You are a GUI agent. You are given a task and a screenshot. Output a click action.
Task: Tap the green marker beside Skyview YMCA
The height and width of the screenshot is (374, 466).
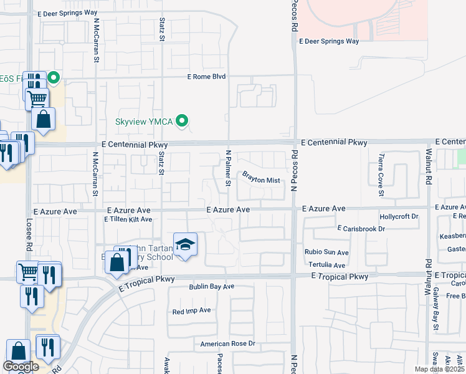tap(182, 121)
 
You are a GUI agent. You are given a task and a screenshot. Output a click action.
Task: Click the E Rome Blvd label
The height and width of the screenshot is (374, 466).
tap(207, 77)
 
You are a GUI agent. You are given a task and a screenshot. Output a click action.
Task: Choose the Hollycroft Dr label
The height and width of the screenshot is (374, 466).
tap(399, 216)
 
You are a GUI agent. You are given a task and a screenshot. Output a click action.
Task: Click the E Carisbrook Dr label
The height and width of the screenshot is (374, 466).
tap(361, 229)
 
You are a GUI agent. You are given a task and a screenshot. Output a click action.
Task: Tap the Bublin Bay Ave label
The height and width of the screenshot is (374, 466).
tap(211, 287)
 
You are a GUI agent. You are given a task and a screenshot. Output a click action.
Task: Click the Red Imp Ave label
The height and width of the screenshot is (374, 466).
tap(192, 310)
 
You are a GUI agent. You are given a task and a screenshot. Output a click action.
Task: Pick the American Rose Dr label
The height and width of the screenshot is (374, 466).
tap(227, 343)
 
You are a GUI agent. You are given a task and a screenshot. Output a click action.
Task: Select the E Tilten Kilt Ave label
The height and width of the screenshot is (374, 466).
tap(128, 219)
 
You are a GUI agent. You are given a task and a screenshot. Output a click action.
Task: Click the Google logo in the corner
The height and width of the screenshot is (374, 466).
tap(21, 367)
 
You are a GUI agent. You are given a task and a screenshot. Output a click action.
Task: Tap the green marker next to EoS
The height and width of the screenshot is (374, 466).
tap(54, 78)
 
